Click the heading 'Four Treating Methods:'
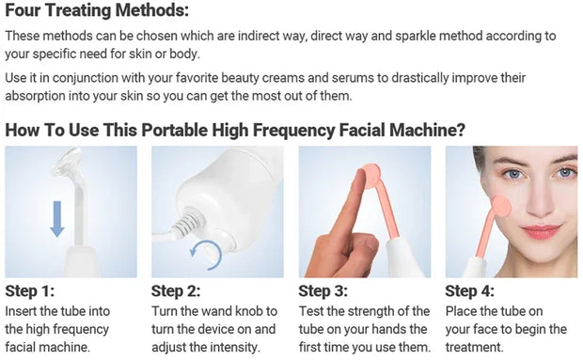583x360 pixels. coord(96,11)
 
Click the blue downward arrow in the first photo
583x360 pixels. coord(56,215)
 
